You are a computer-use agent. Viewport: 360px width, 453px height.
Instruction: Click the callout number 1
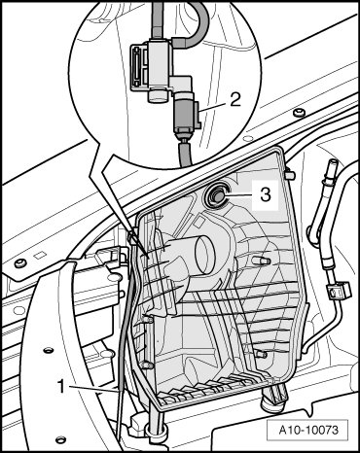pyautogui.click(x=61, y=386)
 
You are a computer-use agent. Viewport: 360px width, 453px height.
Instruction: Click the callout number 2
pyautogui.click(x=235, y=99)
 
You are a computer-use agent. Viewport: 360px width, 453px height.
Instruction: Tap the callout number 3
pyautogui.click(x=266, y=194)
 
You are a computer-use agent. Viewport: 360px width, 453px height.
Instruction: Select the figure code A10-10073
pyautogui.click(x=308, y=430)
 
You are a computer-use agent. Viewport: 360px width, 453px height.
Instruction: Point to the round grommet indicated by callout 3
pyautogui.click(x=216, y=194)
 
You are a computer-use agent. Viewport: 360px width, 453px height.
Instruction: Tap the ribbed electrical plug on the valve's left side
pyautogui.click(x=138, y=67)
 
